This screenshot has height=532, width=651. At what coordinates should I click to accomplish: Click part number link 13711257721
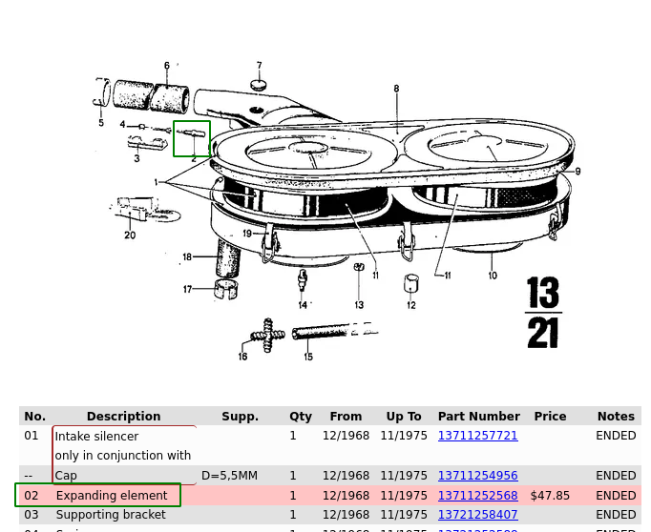(477, 436)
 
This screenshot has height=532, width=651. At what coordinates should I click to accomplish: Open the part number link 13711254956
(477, 476)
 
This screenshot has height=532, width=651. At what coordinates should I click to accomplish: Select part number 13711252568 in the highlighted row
(477, 496)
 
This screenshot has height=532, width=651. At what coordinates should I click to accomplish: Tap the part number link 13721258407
(477, 515)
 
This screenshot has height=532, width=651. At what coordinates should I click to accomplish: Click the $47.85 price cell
(550, 496)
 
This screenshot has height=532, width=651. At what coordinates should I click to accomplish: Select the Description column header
(123, 417)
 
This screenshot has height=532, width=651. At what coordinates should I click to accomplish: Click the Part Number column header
(478, 417)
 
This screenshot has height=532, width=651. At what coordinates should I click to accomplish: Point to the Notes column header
(616, 417)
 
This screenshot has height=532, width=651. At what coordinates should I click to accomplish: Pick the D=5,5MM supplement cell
(229, 476)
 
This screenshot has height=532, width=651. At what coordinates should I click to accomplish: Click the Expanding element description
(112, 496)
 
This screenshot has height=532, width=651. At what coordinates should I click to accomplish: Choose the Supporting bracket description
(111, 515)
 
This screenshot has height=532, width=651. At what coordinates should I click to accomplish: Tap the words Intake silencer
(96, 437)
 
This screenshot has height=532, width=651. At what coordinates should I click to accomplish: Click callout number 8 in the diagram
(396, 90)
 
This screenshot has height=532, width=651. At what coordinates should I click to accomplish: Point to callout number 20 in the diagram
(130, 235)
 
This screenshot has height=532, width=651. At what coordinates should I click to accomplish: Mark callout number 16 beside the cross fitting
(242, 357)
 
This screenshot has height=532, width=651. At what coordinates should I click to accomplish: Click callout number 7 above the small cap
(259, 67)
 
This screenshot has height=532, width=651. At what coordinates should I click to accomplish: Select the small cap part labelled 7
(258, 86)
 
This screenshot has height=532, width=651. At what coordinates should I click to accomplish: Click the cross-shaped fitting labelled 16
(268, 336)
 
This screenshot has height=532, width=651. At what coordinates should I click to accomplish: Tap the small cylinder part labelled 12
(411, 284)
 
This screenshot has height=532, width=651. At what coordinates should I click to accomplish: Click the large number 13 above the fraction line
(542, 293)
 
